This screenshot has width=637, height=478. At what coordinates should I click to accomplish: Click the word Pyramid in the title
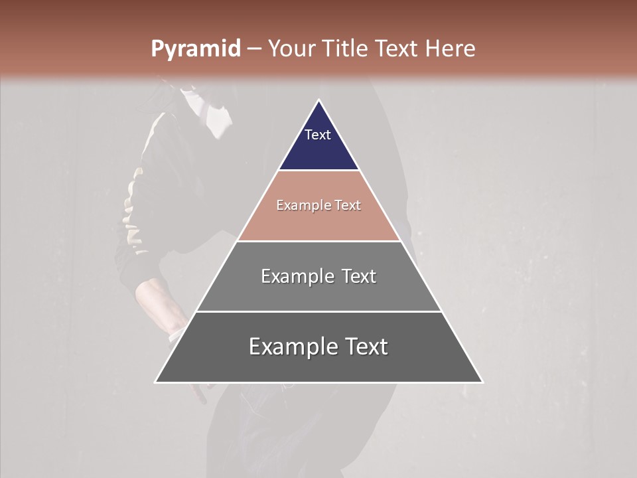(195, 49)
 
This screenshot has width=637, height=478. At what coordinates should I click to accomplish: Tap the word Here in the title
(450, 48)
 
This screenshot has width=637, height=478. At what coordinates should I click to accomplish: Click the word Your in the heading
(290, 48)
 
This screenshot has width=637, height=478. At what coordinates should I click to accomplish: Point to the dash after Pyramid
(254, 49)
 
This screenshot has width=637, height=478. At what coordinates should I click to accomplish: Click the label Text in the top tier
(318, 135)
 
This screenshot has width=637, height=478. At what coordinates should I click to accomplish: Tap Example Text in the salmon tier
(318, 205)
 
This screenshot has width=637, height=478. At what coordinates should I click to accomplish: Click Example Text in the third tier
(318, 276)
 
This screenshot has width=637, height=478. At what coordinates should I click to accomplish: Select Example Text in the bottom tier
(318, 347)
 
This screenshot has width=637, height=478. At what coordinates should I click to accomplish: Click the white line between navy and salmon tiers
(318, 171)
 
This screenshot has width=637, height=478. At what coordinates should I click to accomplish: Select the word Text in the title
(397, 48)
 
